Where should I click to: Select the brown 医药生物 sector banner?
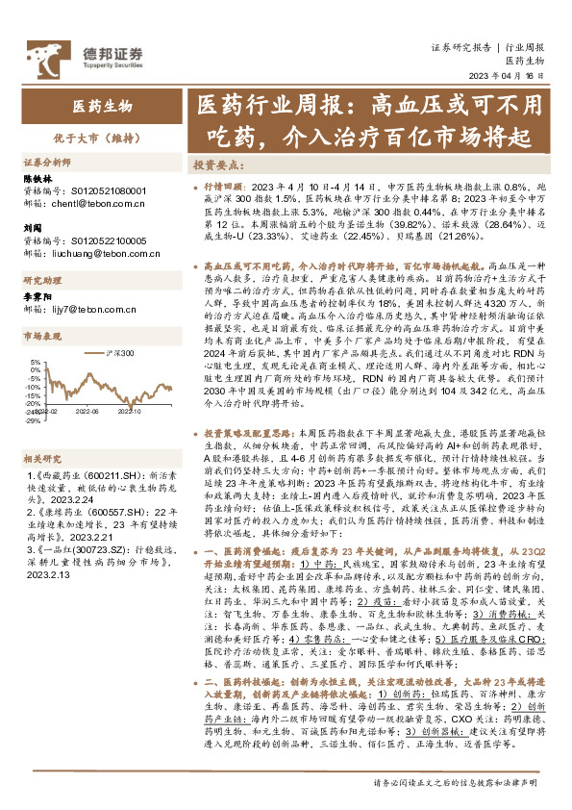[104, 107]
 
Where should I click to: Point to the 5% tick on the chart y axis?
[36, 367]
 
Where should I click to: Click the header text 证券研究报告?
[460, 46]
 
